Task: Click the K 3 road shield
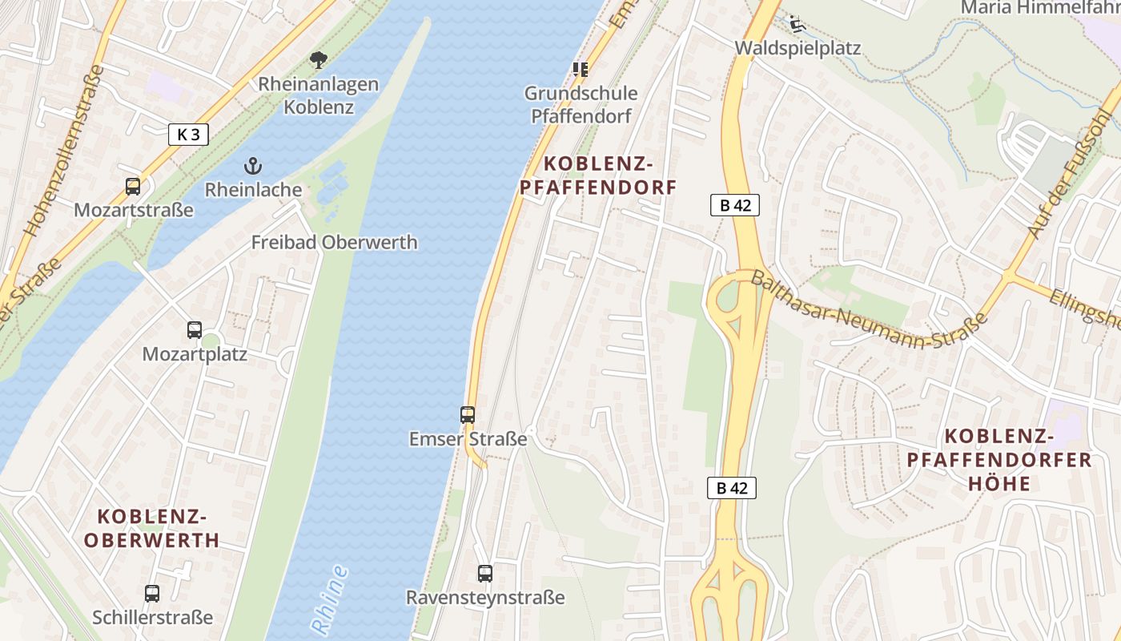pyautogui.click(x=188, y=135)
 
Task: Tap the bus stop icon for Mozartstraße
pyautogui.click(x=133, y=187)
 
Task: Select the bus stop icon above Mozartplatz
pyautogui.click(x=195, y=329)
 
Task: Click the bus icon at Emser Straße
pyautogui.click(x=468, y=415)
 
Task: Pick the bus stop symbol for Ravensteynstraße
pyautogui.click(x=485, y=574)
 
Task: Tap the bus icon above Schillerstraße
pyautogui.click(x=152, y=594)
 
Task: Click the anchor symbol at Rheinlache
pyautogui.click(x=253, y=167)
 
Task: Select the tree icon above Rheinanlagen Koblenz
pyautogui.click(x=319, y=59)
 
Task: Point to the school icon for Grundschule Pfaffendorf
pyautogui.click(x=581, y=70)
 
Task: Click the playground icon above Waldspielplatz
pyautogui.click(x=797, y=24)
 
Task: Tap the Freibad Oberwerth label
pyautogui.click(x=334, y=242)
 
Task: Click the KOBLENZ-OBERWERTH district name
pyautogui.click(x=151, y=528)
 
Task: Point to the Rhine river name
pyautogui.click(x=329, y=601)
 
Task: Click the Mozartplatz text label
pyautogui.click(x=195, y=354)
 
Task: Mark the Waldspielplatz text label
pyautogui.click(x=798, y=48)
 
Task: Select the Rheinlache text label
pyautogui.click(x=253, y=190)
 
